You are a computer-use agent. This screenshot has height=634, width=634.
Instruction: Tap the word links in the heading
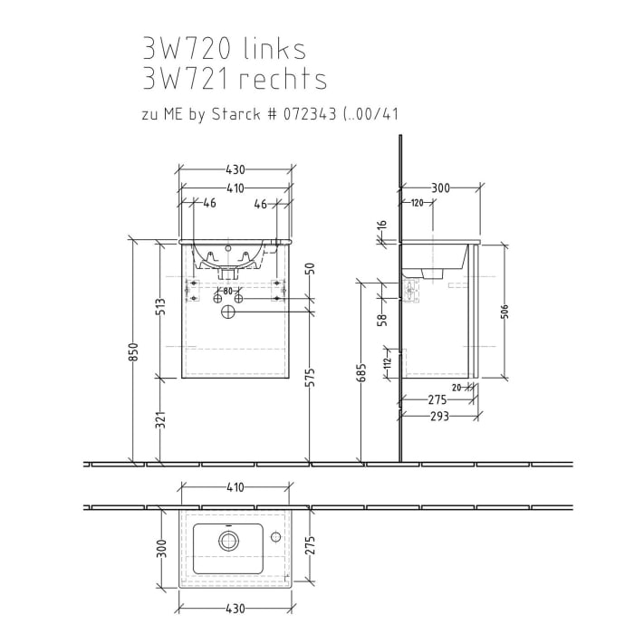(x=277, y=49)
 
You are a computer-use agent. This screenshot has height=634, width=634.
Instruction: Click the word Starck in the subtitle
(x=236, y=115)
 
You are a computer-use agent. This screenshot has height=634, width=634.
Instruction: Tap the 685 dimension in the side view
(x=361, y=371)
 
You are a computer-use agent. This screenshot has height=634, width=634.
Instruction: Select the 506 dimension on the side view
(x=504, y=311)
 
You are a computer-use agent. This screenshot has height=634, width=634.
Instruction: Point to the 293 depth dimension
(x=439, y=417)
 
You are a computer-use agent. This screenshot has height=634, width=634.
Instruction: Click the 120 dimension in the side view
(x=416, y=202)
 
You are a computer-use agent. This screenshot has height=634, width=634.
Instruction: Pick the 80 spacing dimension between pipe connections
(x=227, y=291)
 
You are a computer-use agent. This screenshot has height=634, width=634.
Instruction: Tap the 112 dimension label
(x=386, y=363)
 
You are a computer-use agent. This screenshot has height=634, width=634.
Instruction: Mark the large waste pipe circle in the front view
(x=227, y=312)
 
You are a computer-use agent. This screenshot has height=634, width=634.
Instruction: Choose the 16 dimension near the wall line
(x=383, y=226)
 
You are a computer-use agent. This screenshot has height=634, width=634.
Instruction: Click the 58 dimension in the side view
(x=383, y=319)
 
